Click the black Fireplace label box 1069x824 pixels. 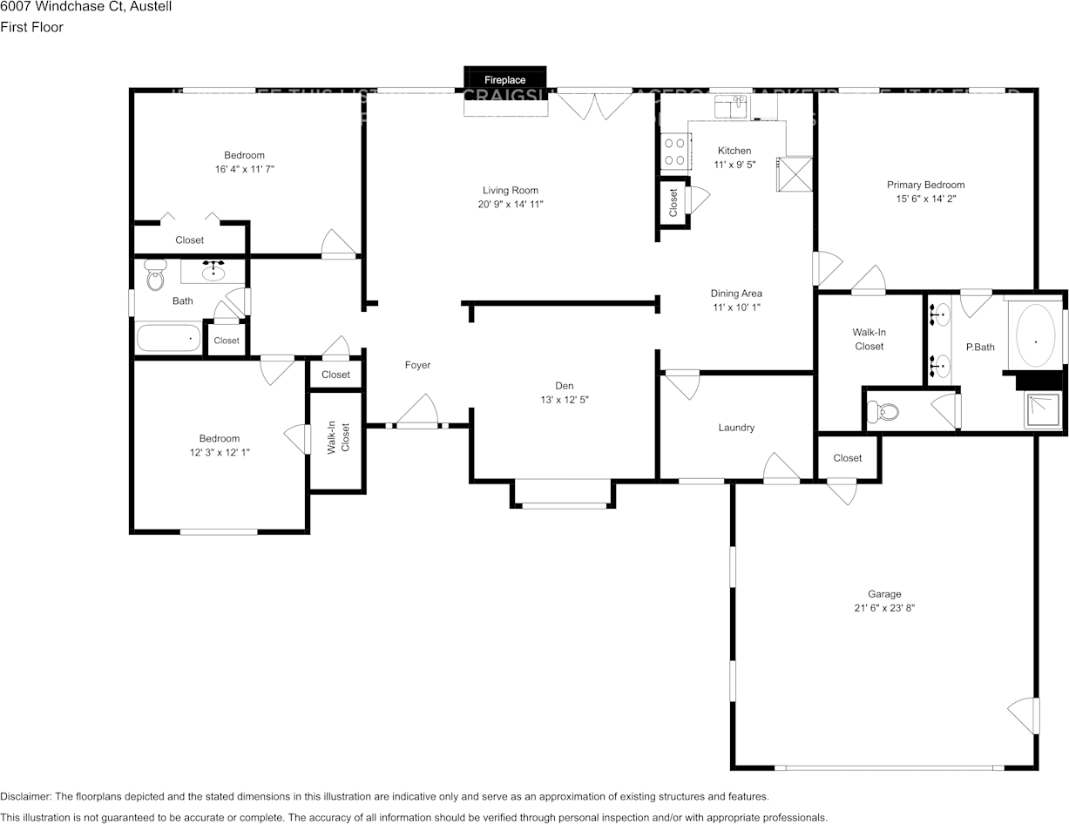click(504, 79)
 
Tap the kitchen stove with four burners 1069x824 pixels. click(673, 152)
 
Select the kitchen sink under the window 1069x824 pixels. click(731, 107)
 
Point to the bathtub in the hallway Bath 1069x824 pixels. click(168, 337)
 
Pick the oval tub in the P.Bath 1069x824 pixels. click(1034, 335)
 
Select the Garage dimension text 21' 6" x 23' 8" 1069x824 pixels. click(884, 608)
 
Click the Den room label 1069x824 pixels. click(565, 386)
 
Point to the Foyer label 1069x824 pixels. click(417, 365)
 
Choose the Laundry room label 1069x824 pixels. click(736, 428)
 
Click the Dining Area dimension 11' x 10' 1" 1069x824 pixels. click(736, 307)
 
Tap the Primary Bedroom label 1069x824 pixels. click(925, 185)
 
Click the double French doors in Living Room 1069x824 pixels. click(595, 103)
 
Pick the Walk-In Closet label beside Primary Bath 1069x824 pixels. click(869, 339)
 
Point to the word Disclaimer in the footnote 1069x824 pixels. click(24, 796)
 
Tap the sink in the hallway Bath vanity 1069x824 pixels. click(213, 272)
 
